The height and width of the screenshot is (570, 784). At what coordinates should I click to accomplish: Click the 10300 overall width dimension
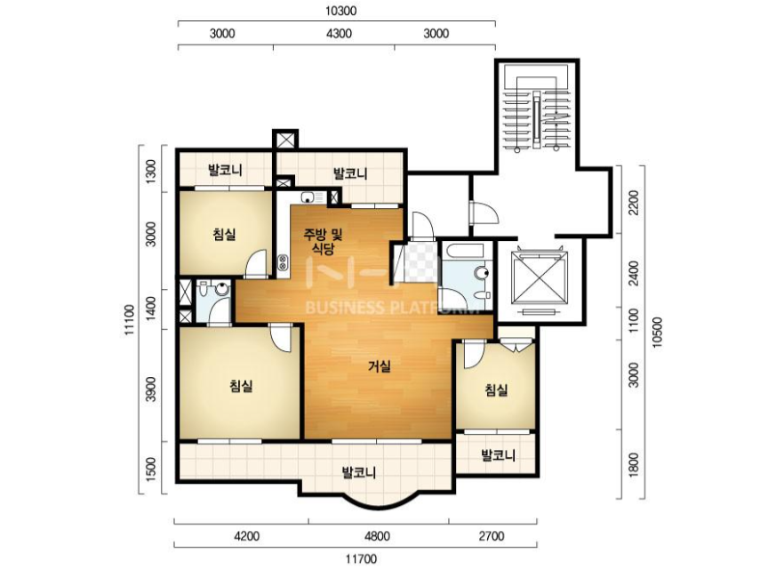click(x=341, y=11)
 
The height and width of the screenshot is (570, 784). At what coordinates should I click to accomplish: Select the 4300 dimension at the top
click(x=339, y=34)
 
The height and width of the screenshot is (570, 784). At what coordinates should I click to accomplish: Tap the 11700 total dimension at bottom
click(x=361, y=558)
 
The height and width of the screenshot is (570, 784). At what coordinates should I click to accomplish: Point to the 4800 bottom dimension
click(x=377, y=536)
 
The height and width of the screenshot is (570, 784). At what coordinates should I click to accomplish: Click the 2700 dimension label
click(x=491, y=536)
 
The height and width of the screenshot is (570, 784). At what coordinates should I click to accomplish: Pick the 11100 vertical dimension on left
click(x=130, y=320)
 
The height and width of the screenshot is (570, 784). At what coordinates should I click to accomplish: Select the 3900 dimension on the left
click(x=151, y=389)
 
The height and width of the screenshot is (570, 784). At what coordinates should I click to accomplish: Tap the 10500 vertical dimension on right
click(x=657, y=332)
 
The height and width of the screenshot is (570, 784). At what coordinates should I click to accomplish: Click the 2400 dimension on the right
click(x=634, y=273)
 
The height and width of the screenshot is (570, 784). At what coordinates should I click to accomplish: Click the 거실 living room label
click(x=380, y=366)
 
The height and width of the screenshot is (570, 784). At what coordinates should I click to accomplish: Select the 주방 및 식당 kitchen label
click(x=324, y=242)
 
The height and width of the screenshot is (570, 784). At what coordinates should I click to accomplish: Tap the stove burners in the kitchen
click(x=283, y=262)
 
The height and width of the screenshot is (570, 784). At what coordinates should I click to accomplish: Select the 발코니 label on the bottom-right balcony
click(x=498, y=455)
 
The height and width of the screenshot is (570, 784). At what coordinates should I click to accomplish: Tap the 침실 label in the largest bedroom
click(x=241, y=386)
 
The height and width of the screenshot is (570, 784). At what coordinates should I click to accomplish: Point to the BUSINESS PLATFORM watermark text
click(x=391, y=307)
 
